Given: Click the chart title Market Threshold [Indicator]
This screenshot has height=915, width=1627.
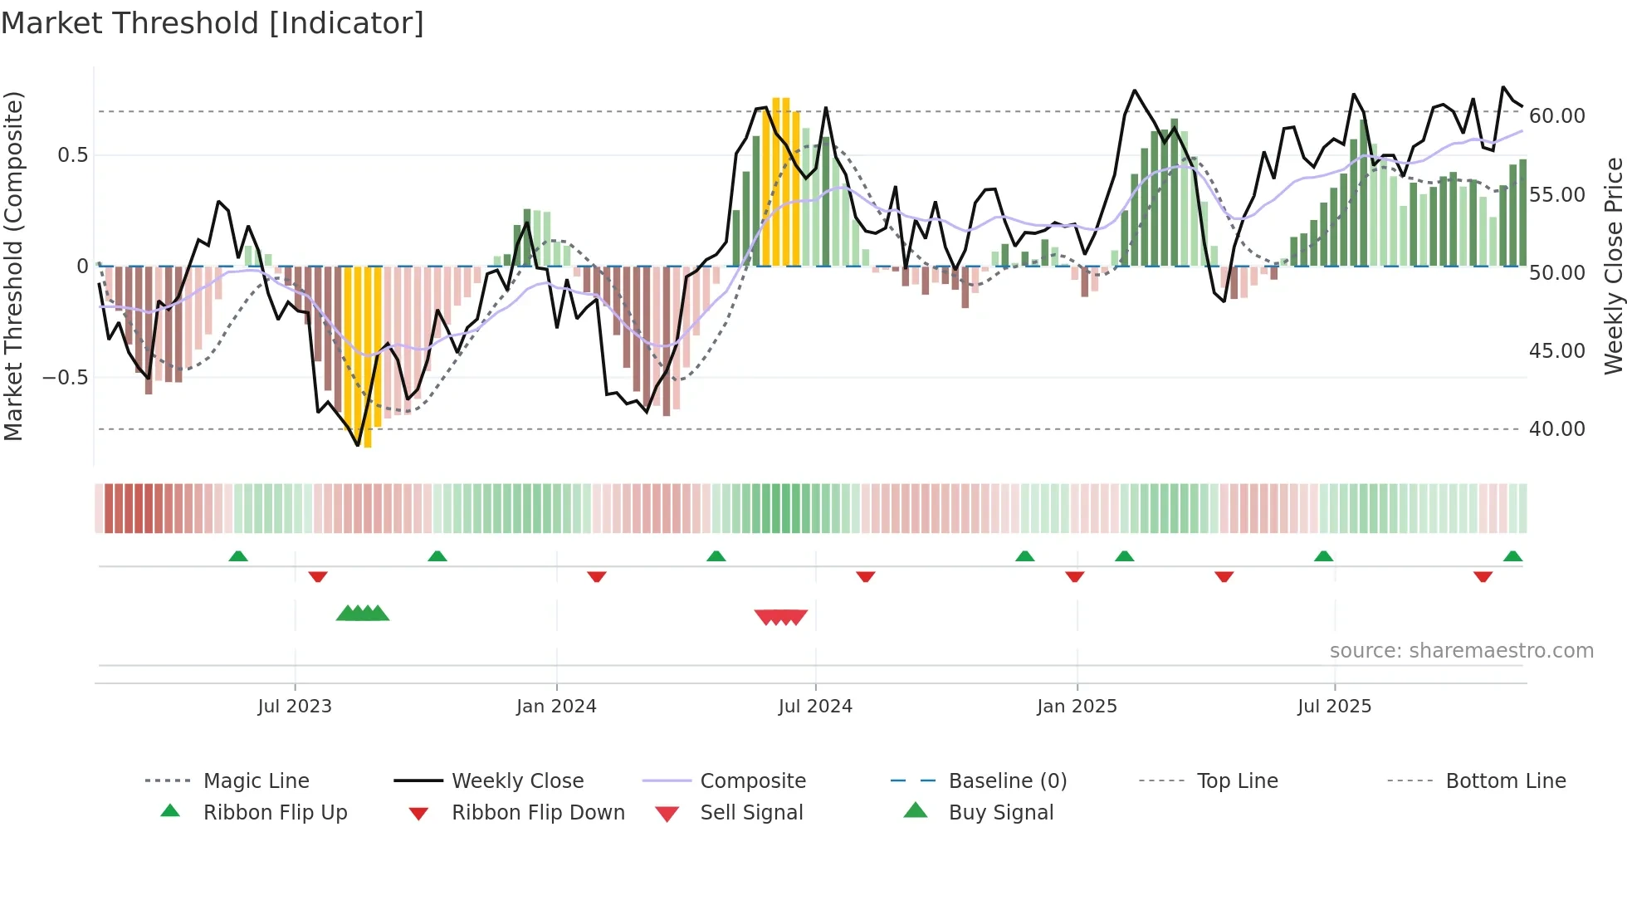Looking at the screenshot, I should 213,23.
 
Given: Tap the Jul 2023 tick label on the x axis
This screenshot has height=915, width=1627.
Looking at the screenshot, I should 294,707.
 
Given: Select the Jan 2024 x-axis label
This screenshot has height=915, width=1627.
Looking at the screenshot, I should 556,707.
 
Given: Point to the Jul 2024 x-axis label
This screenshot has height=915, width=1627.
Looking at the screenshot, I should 815,707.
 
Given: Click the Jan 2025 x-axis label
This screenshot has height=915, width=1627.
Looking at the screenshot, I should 1077,707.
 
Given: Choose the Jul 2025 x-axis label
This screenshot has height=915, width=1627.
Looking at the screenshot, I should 1334,707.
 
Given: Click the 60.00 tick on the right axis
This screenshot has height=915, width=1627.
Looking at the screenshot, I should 1556,116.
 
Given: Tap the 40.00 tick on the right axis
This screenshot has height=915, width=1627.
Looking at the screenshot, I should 1556,429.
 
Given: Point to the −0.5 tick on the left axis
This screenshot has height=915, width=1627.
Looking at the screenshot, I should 65,378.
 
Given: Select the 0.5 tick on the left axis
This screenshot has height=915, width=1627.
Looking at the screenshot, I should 72,155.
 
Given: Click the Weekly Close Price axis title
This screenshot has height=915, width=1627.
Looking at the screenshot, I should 1613,266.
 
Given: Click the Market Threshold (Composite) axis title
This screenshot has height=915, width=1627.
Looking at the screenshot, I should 13,266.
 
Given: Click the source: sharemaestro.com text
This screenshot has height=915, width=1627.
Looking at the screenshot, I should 1461,651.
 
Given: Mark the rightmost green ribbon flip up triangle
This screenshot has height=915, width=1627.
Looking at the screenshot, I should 1512,556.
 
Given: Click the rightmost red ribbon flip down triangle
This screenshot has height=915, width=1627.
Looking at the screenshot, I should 1483,577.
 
